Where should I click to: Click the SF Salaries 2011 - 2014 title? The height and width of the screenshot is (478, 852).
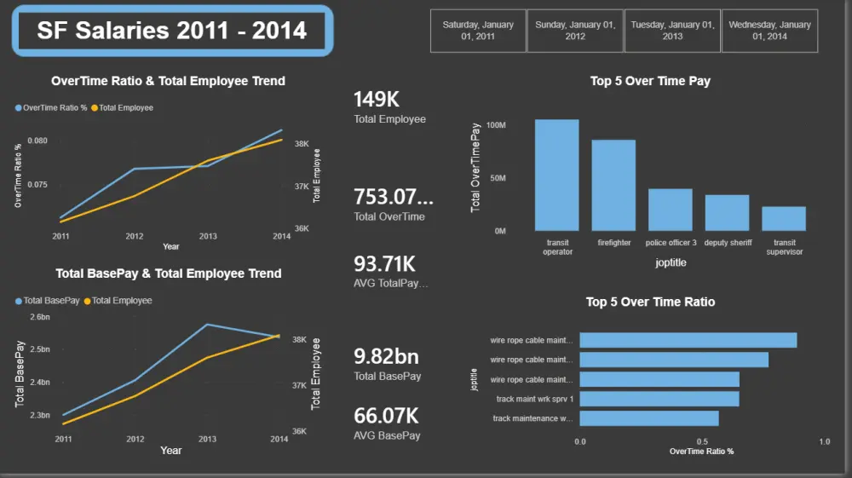[x=172, y=31]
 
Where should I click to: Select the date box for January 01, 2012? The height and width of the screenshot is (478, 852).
[x=575, y=31]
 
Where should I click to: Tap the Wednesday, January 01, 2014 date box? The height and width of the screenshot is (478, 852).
[x=769, y=31]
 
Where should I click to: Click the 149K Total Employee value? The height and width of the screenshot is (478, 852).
[x=377, y=100]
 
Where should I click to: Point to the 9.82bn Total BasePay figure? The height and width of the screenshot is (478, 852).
[x=386, y=356]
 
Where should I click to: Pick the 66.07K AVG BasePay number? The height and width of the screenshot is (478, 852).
[x=386, y=416]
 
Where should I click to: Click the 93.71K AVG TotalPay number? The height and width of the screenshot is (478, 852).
[x=385, y=264]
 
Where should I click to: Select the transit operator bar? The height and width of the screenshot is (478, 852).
[x=557, y=176]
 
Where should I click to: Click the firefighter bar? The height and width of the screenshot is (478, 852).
[x=613, y=186]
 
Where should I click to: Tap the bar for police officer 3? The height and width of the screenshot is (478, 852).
[x=671, y=210]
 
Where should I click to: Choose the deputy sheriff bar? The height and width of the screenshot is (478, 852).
[x=727, y=213]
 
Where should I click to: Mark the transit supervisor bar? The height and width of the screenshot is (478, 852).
[x=784, y=219]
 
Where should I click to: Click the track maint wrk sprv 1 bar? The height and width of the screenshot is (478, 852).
[x=659, y=399]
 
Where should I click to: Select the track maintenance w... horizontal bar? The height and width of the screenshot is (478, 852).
[x=649, y=418]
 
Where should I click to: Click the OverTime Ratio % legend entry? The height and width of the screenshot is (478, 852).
[x=51, y=107]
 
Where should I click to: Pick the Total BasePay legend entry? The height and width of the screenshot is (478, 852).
[x=47, y=301]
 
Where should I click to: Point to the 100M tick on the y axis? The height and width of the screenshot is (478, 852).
[x=496, y=125]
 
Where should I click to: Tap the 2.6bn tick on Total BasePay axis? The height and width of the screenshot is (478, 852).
[x=40, y=317]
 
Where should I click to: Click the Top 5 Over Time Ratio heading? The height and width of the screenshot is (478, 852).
[x=650, y=302]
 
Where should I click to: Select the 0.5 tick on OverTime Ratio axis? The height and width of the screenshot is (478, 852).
[x=702, y=441]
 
